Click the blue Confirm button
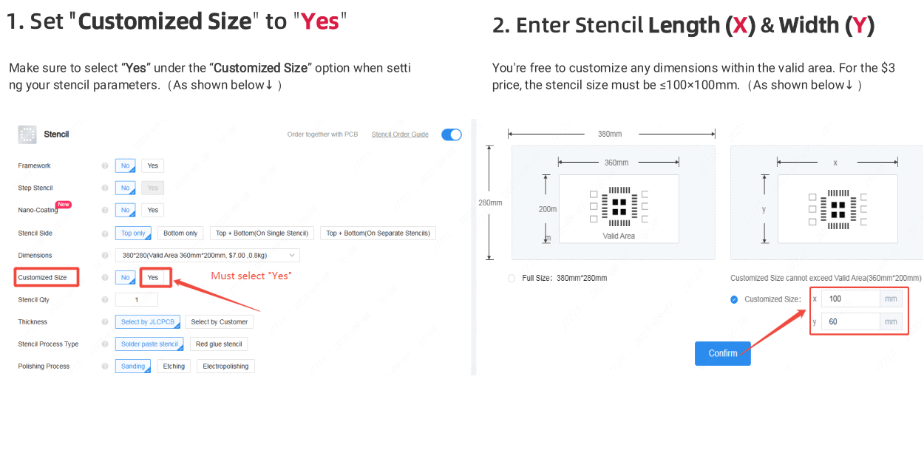[x=722, y=353]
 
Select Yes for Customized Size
[x=152, y=277]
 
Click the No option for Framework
[x=126, y=166]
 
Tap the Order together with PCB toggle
[x=451, y=134]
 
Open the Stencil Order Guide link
[x=400, y=134]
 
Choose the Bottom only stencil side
[x=180, y=234]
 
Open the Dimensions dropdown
[x=207, y=256]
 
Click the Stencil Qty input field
[x=136, y=300]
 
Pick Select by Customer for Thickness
[x=219, y=322]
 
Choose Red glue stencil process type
[x=219, y=344]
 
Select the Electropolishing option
[x=225, y=367]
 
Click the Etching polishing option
[x=174, y=367]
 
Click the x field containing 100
[x=850, y=299]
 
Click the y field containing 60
[x=850, y=321]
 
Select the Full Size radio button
[x=512, y=279]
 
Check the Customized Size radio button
[x=734, y=300]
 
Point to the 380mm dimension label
[x=610, y=134]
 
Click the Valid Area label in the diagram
[x=618, y=236]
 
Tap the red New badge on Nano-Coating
[x=64, y=205]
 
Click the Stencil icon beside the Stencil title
[x=27, y=134]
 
